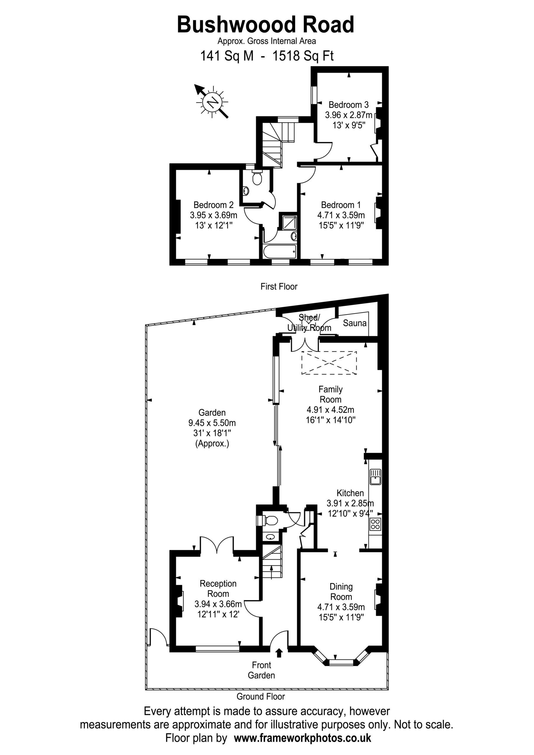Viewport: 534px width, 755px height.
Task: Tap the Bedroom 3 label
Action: [348, 105]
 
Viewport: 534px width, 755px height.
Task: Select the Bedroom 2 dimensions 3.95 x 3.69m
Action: [214, 215]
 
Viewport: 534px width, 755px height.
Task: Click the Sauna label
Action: [355, 323]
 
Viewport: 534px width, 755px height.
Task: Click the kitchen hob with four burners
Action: [375, 524]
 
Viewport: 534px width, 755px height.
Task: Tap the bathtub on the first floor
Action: [280, 252]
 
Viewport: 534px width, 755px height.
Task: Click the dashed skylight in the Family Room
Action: [329, 363]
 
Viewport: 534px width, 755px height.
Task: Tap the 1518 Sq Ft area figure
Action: [303, 56]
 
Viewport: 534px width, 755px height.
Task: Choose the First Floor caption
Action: [279, 286]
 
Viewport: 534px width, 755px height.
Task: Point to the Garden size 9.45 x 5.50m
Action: [212, 423]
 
